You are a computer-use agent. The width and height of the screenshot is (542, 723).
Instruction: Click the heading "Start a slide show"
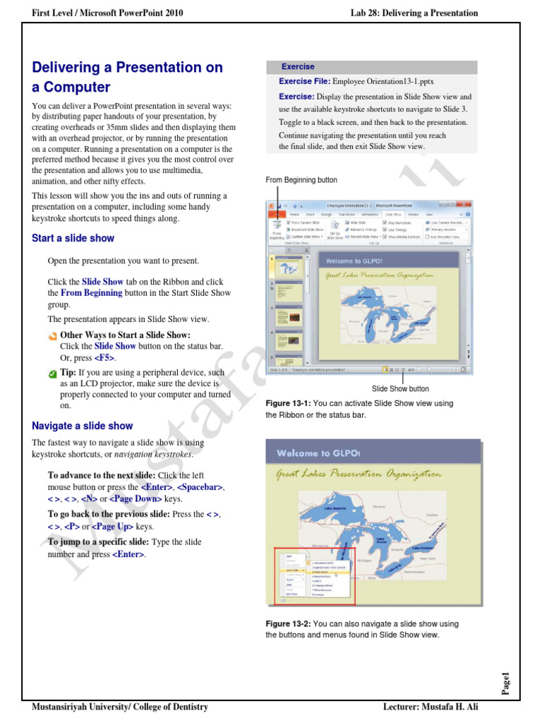point(73,239)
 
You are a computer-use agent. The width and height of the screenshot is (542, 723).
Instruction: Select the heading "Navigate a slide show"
point(82,426)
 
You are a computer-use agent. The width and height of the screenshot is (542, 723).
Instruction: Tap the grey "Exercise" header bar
point(371,67)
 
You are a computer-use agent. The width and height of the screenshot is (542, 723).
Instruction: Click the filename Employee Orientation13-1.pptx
point(383,82)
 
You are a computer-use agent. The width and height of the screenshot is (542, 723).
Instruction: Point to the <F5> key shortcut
point(105,359)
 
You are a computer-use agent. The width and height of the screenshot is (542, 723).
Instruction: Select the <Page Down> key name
point(135,498)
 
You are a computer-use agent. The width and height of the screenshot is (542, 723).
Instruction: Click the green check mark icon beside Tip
point(53,373)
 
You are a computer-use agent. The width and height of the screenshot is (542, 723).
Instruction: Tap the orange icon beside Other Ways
point(53,335)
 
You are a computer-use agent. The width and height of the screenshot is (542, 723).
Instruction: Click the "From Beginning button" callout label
point(301,180)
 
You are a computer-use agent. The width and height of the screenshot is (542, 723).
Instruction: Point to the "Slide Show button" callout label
point(400,388)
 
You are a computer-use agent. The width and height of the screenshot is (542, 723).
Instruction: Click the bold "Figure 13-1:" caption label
point(288,403)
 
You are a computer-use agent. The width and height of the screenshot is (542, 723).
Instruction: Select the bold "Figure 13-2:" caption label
point(288,624)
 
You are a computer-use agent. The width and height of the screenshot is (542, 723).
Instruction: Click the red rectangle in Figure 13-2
point(315,576)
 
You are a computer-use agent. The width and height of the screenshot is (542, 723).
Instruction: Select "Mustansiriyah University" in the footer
point(78,707)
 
